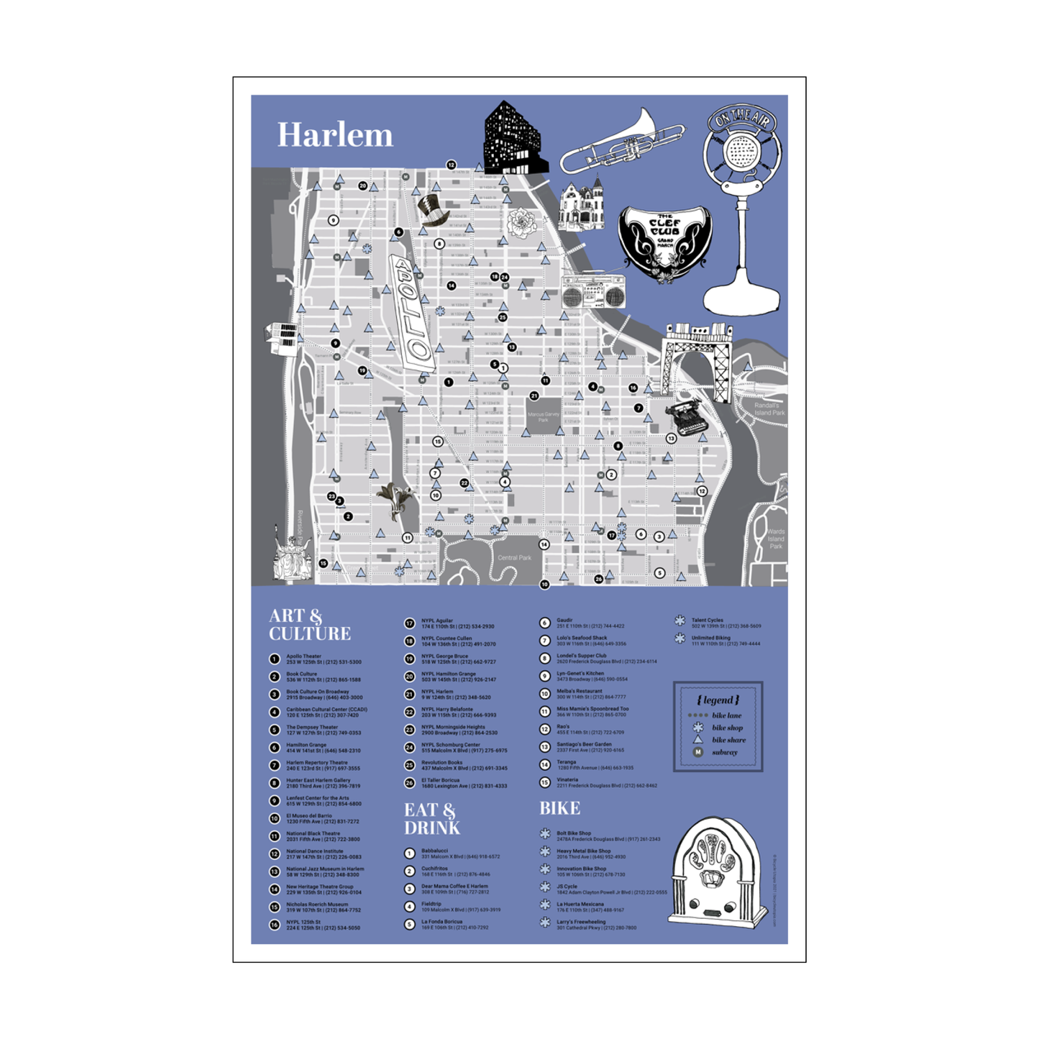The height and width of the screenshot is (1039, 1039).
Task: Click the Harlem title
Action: (x=335, y=135)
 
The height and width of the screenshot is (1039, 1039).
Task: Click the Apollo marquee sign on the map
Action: (x=411, y=312)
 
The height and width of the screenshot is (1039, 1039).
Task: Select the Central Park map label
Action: (x=515, y=558)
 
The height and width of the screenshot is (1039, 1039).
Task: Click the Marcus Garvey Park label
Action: (x=543, y=417)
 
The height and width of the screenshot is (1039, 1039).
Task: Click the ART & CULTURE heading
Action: (x=310, y=625)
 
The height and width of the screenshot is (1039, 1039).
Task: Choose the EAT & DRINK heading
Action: (x=431, y=819)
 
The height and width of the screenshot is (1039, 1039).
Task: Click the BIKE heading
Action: (x=559, y=808)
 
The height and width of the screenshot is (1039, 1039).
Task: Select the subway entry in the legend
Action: (x=723, y=752)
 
